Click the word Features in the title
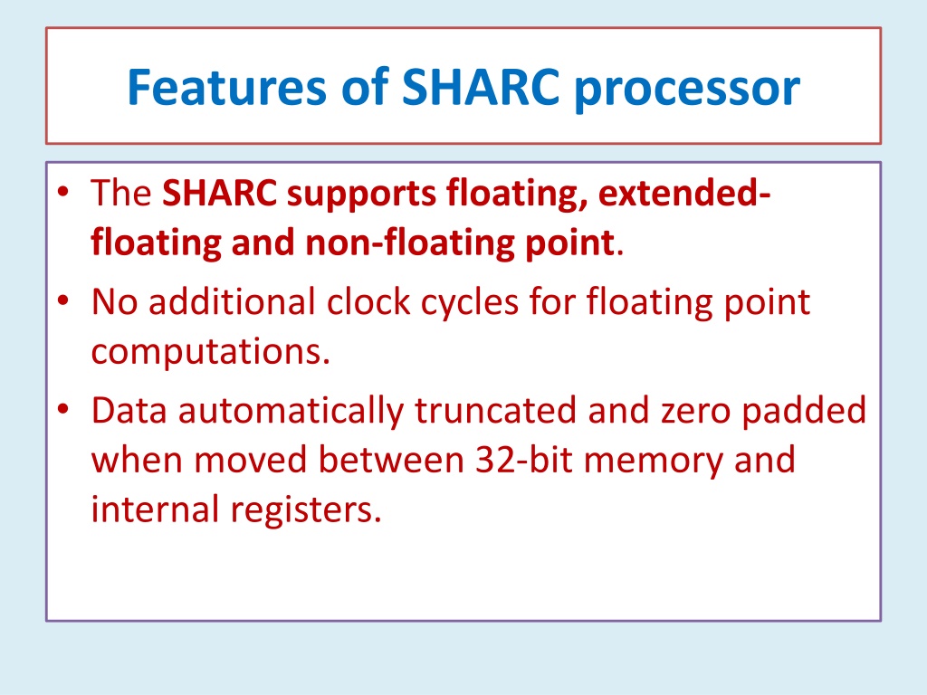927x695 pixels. (x=226, y=87)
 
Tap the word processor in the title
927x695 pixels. (x=687, y=90)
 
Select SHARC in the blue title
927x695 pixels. (x=480, y=87)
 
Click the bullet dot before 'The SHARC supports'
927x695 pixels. (x=63, y=192)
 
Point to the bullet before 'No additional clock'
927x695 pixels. (x=63, y=300)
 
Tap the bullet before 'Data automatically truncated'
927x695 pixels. (x=63, y=409)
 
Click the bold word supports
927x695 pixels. (x=361, y=195)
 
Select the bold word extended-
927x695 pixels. (x=684, y=193)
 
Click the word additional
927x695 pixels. (x=232, y=301)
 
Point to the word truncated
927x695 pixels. (x=495, y=411)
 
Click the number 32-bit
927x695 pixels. (x=524, y=460)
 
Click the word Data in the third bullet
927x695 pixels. (x=129, y=411)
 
